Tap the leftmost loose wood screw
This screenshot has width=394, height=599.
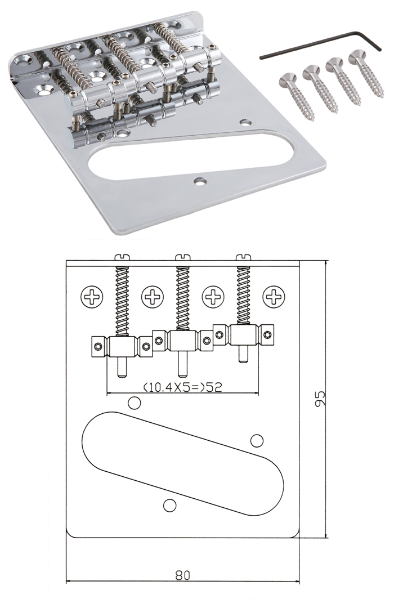point(297,97)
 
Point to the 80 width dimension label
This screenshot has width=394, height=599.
point(182,575)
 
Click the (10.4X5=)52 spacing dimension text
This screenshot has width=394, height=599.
point(182,387)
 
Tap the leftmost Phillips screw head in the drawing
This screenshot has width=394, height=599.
point(92,296)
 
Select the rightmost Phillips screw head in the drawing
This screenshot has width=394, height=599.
point(274,296)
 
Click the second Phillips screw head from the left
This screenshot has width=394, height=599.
point(153,296)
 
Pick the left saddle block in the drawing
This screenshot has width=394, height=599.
point(122,346)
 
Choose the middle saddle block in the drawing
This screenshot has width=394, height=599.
point(182,339)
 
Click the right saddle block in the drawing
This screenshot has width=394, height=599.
point(243,334)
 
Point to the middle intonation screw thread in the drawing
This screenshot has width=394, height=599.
point(182,298)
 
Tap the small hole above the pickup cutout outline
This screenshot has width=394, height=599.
point(134,403)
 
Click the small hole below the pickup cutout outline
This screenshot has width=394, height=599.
point(169,505)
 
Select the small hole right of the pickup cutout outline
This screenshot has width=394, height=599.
point(257,440)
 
